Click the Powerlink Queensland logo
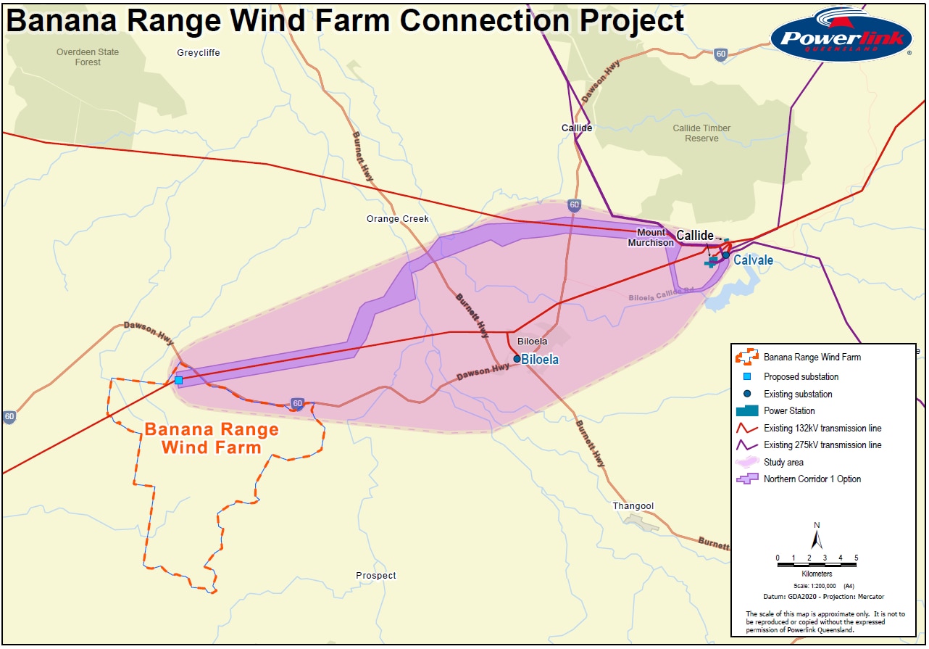tap(841, 34)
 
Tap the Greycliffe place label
tap(198, 53)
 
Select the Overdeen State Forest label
tap(88, 57)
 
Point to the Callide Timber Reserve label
tap(701, 133)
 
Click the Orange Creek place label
tap(397, 219)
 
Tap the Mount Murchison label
tap(650, 238)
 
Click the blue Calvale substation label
tap(753, 260)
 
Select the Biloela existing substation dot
tap(517, 359)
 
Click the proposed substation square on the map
tap(178, 380)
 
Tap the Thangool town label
tap(633, 506)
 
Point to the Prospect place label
tap(376, 576)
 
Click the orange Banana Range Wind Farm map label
tap(211, 438)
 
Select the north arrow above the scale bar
tap(817, 537)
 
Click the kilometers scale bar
tap(817, 559)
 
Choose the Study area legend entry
tap(783, 462)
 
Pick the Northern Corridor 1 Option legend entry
tap(812, 479)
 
